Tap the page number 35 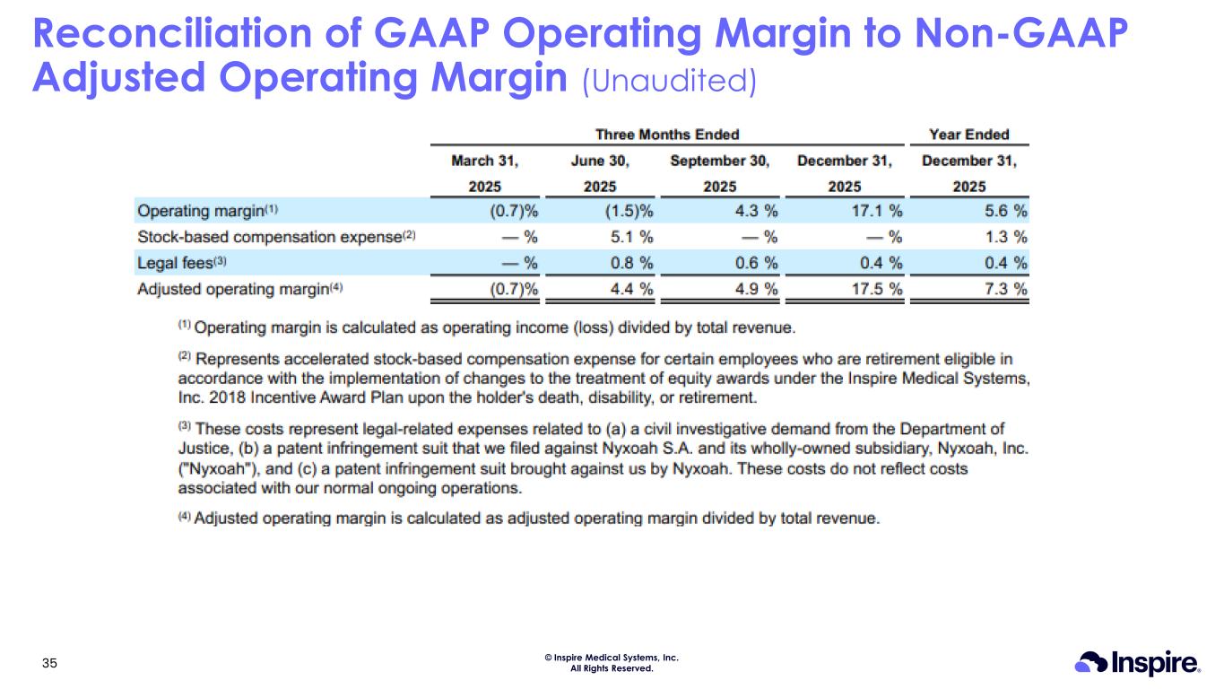(x=50, y=664)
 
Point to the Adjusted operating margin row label (x=239, y=289)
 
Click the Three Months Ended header (x=668, y=135)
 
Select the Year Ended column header (x=969, y=135)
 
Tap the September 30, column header (x=719, y=161)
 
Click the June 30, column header (x=600, y=161)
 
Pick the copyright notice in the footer (x=612, y=663)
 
